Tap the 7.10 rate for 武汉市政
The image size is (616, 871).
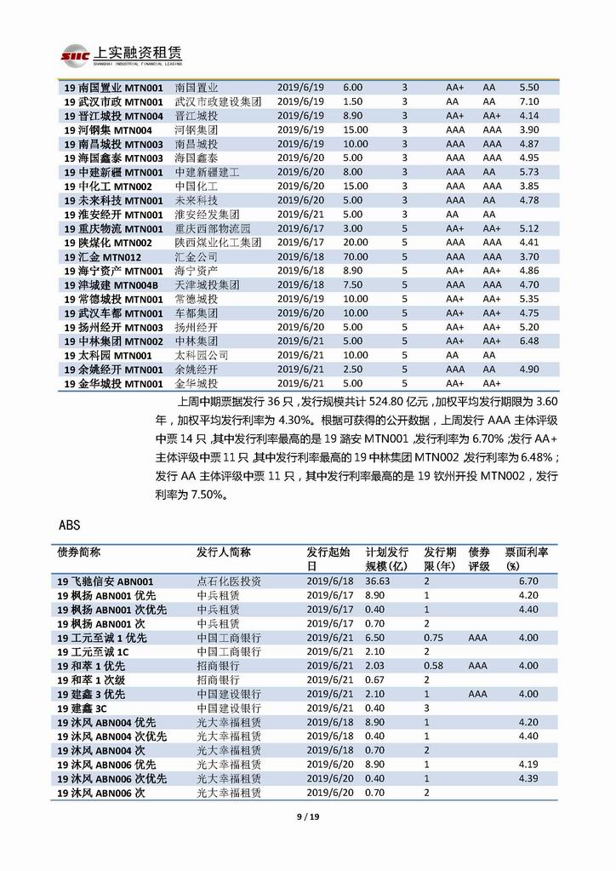point(528,101)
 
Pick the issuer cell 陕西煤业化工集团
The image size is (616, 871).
point(218,243)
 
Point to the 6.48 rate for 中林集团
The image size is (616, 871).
point(528,341)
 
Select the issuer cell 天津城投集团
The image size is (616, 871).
point(207,284)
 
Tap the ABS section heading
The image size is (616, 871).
point(69,524)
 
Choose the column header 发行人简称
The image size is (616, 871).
point(223,552)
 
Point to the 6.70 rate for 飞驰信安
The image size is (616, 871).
point(528,581)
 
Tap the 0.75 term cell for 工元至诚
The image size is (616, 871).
point(433,637)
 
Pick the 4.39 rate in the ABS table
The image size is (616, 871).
point(528,778)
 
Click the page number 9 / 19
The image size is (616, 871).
point(307,817)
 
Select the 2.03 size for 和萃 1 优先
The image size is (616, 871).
point(374,665)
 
